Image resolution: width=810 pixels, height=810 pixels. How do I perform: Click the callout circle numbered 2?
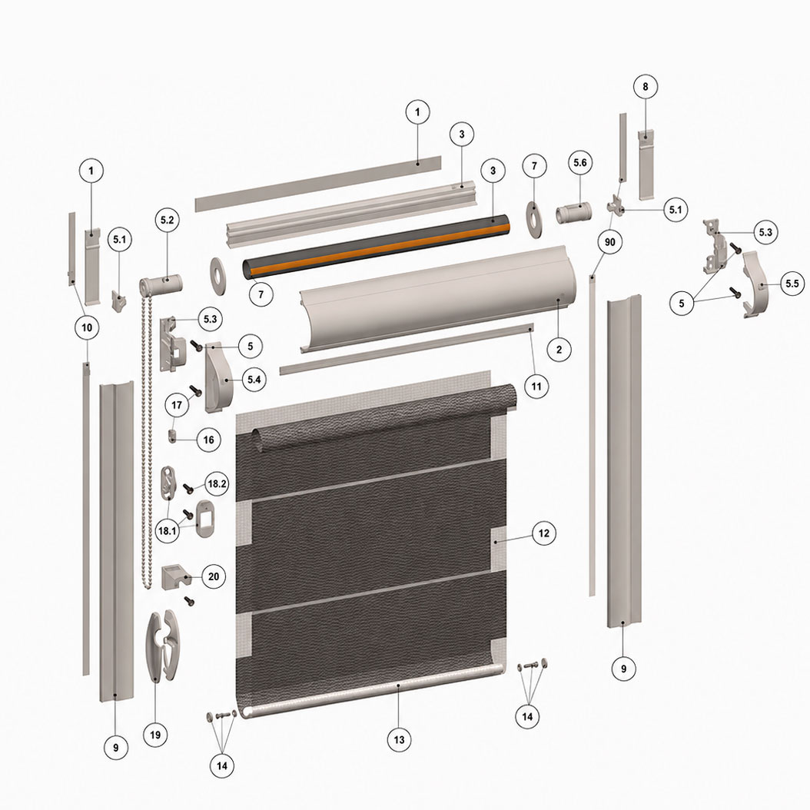[x=559, y=350]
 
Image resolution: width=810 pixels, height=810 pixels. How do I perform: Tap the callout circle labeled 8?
[x=646, y=87]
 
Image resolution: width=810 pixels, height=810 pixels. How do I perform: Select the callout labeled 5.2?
[x=168, y=220]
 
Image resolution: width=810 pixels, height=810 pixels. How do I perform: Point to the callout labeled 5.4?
[x=254, y=380]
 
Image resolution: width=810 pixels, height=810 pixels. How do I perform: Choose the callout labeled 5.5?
[x=792, y=283]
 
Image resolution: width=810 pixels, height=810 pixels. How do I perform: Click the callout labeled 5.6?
[x=580, y=163]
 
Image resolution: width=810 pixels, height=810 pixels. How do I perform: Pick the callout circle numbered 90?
[x=609, y=242]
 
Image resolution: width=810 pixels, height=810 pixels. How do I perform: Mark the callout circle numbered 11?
[x=536, y=386]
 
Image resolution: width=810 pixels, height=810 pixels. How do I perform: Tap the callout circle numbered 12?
[x=544, y=533]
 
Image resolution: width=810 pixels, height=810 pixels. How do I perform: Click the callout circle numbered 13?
[x=400, y=739]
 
